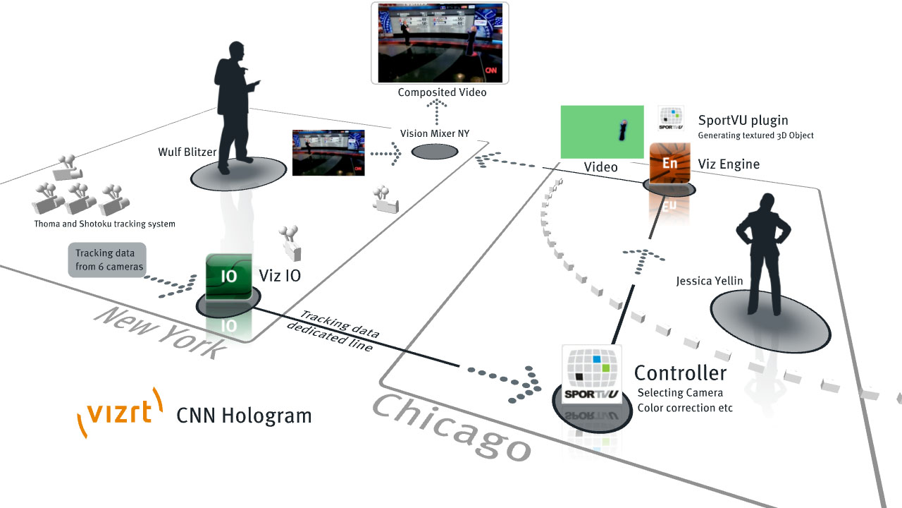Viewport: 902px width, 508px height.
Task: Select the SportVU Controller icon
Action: pyautogui.click(x=592, y=373)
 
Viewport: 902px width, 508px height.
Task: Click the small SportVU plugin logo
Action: pyautogui.click(x=671, y=118)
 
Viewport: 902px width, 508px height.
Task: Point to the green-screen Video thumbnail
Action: pyautogui.click(x=602, y=132)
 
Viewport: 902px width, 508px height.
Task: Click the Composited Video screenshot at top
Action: pyautogui.click(x=440, y=43)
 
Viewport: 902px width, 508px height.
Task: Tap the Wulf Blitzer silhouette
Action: pyautogui.click(x=235, y=106)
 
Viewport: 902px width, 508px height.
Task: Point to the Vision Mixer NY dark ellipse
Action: pyautogui.click(x=434, y=152)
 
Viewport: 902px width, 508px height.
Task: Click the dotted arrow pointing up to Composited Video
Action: pyautogui.click(x=437, y=112)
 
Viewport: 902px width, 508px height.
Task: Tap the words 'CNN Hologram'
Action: pyautogui.click(x=244, y=416)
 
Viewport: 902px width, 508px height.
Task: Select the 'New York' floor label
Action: pyautogui.click(x=159, y=332)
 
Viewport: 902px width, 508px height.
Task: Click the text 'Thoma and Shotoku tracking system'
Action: pyautogui.click(x=104, y=224)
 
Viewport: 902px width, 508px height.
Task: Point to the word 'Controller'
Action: pyautogui.click(x=680, y=373)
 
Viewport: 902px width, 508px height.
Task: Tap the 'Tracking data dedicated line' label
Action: pyautogui.click(x=334, y=331)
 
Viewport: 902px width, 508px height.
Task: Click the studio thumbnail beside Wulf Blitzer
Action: pyautogui.click(x=328, y=152)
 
